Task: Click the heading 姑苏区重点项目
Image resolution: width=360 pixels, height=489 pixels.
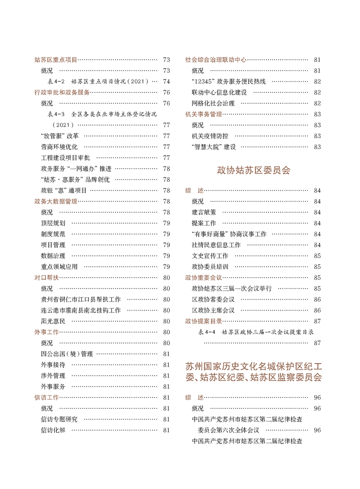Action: click(56, 59)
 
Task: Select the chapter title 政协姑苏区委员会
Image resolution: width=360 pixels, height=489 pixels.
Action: click(253, 171)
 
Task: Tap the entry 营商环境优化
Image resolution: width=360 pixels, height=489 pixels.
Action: click(59, 147)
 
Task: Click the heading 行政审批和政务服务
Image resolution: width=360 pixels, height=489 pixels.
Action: click(62, 92)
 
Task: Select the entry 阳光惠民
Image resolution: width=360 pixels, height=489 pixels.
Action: click(53, 321)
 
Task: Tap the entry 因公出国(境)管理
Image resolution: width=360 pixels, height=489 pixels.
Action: click(67, 354)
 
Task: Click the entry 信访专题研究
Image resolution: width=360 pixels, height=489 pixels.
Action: click(59, 419)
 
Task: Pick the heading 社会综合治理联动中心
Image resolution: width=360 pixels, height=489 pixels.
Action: click(216, 59)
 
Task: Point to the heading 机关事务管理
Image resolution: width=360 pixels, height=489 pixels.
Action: click(204, 114)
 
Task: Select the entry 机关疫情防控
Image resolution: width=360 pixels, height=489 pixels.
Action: click(210, 136)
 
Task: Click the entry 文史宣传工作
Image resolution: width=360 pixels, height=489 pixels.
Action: click(210, 256)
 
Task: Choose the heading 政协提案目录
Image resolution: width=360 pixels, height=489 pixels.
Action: click(204, 321)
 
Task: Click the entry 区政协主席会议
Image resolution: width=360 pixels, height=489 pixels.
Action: click(213, 310)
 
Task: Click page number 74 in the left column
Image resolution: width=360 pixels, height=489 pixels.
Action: click(166, 82)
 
